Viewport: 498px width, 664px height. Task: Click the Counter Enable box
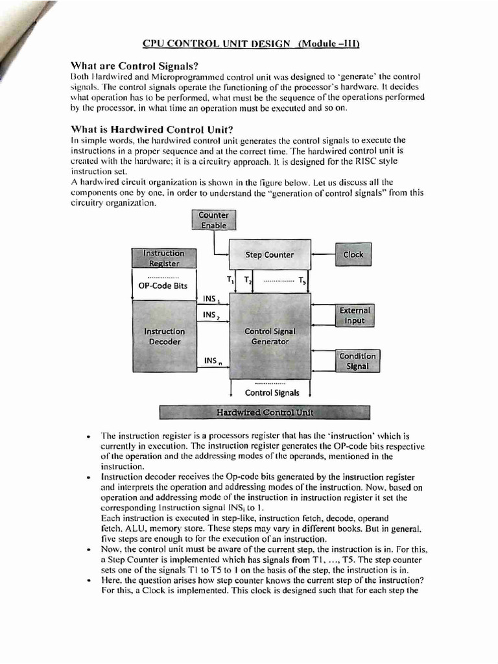214,220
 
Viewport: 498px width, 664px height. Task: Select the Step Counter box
269,255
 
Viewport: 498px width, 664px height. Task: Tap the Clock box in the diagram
353,255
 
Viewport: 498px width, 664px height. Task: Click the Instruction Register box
163,257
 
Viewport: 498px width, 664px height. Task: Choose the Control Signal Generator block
270,336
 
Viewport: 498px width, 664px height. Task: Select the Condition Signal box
357,361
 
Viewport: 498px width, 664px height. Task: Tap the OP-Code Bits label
163,285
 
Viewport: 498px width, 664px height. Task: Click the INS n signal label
212,361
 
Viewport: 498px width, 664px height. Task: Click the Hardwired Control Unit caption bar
265,412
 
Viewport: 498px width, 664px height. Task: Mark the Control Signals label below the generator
272,392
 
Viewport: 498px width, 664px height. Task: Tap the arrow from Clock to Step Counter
323,255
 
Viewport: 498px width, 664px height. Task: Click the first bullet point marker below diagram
87,436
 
